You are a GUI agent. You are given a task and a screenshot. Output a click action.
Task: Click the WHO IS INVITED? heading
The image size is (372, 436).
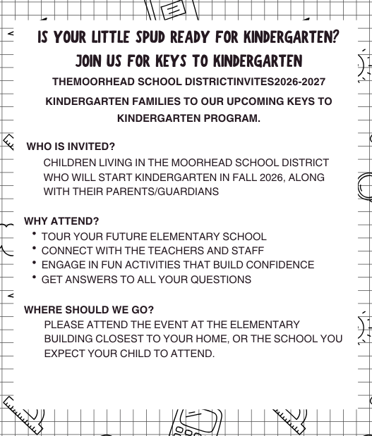[x=71, y=147]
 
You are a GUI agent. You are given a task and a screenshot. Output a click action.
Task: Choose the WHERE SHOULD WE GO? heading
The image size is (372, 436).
[x=89, y=309]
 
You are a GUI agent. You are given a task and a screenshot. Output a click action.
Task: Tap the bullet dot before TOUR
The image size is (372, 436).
[x=34, y=234]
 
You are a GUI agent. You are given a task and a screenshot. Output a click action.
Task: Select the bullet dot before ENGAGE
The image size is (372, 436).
[x=34, y=263]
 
